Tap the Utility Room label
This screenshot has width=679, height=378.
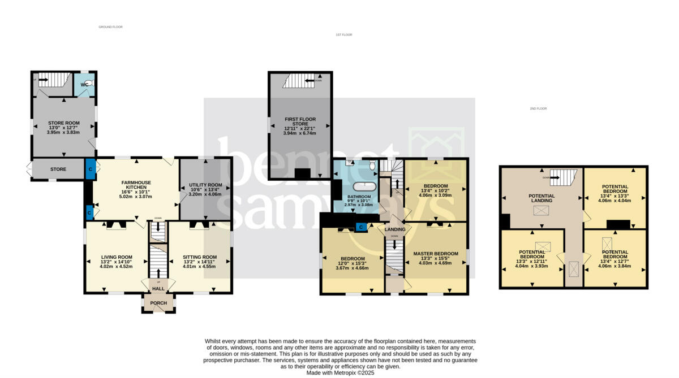205,185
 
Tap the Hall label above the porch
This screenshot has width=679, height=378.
158,289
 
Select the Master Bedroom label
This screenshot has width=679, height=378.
435,254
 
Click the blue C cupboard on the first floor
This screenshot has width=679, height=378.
360,227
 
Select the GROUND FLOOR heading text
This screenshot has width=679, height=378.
110,27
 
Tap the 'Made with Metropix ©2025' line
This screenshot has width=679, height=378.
339,372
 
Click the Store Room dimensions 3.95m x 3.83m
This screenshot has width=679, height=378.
63,132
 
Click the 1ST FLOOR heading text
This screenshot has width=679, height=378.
343,35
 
